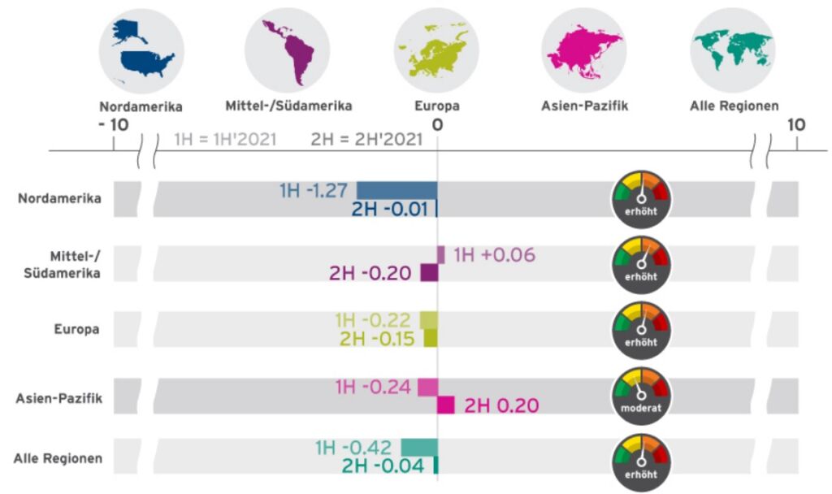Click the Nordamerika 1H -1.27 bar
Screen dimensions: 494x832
[x=396, y=190]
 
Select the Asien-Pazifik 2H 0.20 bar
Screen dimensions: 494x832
[x=446, y=405]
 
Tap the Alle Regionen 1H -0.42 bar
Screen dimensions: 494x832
[x=419, y=448]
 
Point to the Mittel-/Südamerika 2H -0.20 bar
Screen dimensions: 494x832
[x=429, y=273]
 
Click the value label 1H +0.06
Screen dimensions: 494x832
[x=494, y=255]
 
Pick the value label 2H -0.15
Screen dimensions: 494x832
[x=377, y=338]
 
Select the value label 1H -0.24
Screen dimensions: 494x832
[x=373, y=387]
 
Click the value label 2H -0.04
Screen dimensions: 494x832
[x=383, y=466]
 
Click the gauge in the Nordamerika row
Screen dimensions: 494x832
[x=641, y=196]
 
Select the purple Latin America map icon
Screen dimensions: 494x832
[x=288, y=50]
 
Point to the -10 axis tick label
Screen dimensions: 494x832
[x=113, y=124]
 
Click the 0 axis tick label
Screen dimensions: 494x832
[x=437, y=124]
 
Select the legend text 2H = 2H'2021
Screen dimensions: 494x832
[x=366, y=139]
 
